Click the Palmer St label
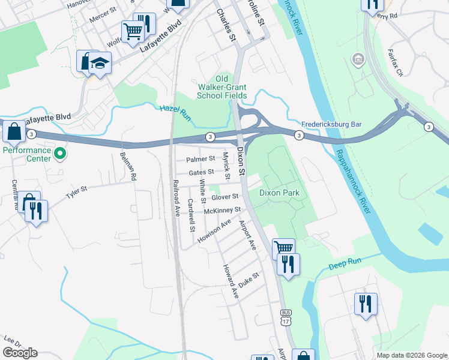tap(200, 159)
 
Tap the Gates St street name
tap(202, 172)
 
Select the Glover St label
tap(225, 197)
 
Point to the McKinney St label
tap(222, 211)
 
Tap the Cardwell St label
tap(191, 215)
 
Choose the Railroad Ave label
tap(176, 197)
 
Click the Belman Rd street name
tap(128, 166)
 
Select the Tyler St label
tap(77, 192)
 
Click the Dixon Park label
tap(279, 193)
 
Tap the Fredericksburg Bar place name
tap(331, 124)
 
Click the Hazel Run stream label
tap(175, 112)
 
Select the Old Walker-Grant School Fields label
tap(223, 87)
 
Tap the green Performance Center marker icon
tap(59, 154)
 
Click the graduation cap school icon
tap(100, 63)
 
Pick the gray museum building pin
tap(358, 59)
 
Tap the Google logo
tap(20, 353)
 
